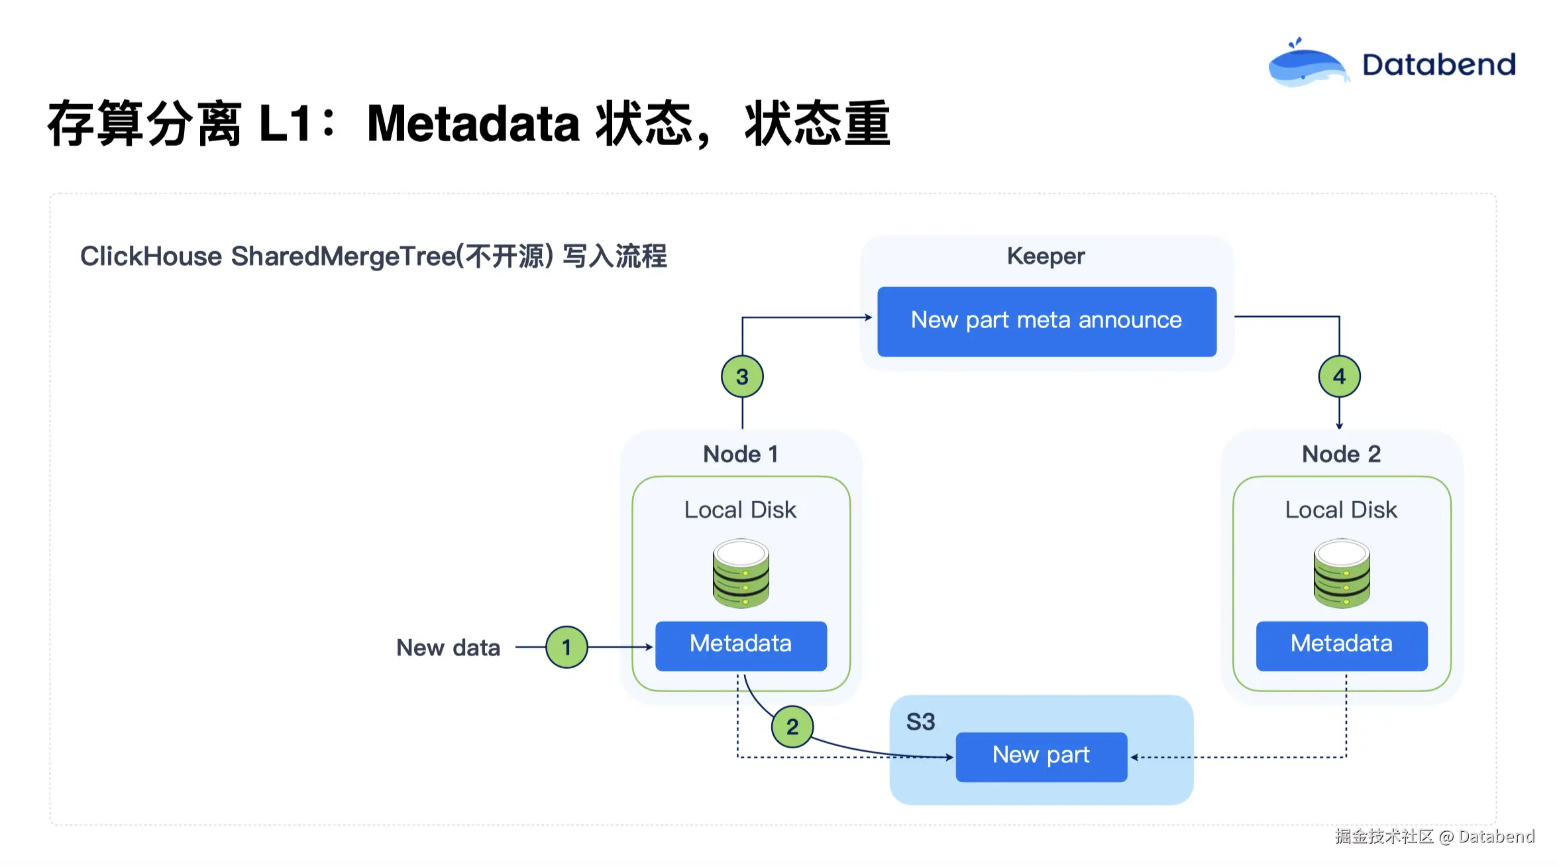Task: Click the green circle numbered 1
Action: click(566, 647)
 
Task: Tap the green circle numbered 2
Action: click(792, 726)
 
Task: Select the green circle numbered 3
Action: click(742, 376)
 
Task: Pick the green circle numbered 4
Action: click(1339, 376)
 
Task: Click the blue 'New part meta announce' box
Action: click(1046, 321)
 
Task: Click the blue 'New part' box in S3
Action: click(1041, 756)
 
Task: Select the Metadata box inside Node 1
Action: click(741, 645)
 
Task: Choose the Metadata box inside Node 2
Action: click(1341, 645)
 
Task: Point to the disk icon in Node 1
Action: click(741, 573)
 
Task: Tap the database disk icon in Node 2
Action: click(1342, 573)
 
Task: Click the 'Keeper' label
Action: click(1046, 256)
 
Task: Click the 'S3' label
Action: click(920, 721)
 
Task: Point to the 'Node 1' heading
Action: click(740, 454)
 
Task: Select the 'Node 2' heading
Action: click(1341, 454)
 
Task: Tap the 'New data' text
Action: click(448, 648)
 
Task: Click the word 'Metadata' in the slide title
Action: click(473, 124)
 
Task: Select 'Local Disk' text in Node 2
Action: click(1341, 510)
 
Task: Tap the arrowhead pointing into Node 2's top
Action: click(1339, 426)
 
